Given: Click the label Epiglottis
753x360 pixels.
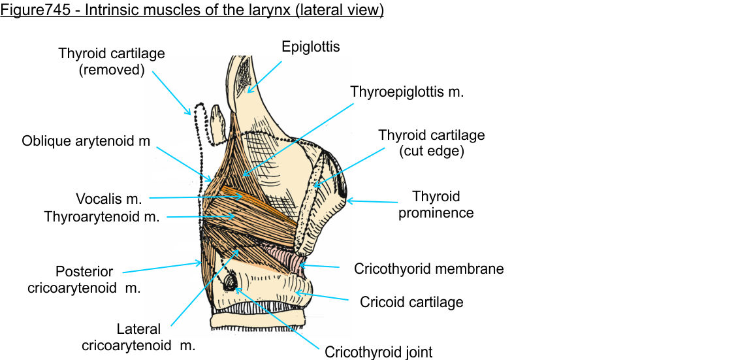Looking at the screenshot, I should tap(311, 47).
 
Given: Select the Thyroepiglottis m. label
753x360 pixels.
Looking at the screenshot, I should tap(406, 92).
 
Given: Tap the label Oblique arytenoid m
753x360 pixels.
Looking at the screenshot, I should tap(86, 140).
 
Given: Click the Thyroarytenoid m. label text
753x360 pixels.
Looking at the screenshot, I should tap(101, 216).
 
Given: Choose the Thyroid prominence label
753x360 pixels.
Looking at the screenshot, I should tap(436, 205).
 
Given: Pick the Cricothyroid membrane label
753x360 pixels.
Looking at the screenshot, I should tap(428, 269).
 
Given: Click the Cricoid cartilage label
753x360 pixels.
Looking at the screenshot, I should tap(411, 302).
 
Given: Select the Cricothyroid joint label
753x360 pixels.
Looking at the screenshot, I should tap(378, 352).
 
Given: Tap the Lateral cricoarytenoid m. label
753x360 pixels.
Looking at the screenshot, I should tap(138, 337).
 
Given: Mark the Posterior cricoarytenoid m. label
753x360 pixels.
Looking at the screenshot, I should tap(84, 279).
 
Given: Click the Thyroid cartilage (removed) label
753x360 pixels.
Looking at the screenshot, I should tap(111, 61).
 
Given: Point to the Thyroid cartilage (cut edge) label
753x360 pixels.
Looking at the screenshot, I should tap(431, 143).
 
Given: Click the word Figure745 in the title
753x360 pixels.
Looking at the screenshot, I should tap(31, 11).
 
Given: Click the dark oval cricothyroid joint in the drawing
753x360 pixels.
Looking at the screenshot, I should tap(231, 282).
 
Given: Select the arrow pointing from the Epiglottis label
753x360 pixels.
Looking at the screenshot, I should tap(264, 76).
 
